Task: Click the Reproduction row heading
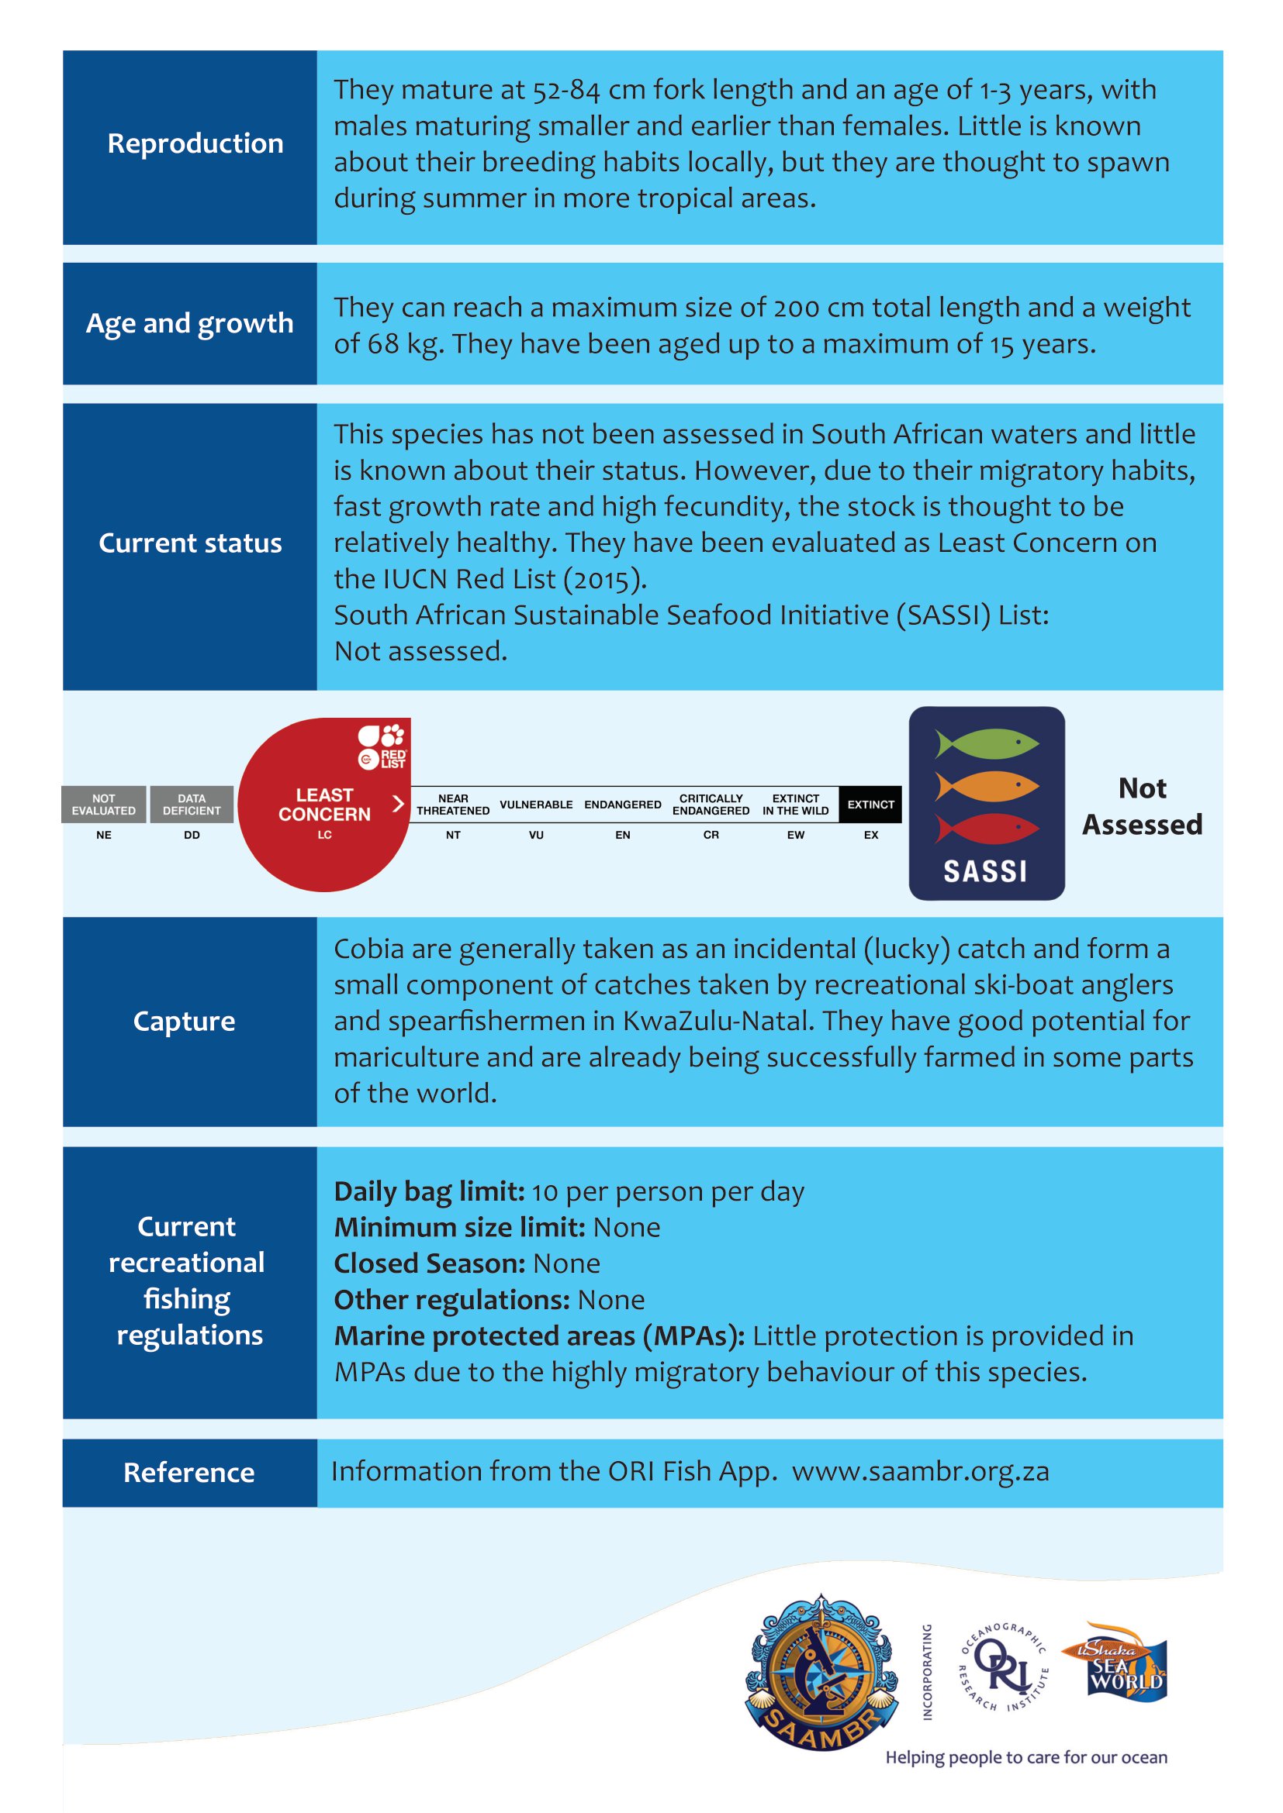pyautogui.click(x=195, y=143)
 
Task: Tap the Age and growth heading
pyautogui.click(x=189, y=324)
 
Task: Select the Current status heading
pyautogui.click(x=190, y=543)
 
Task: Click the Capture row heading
pyautogui.click(x=184, y=1021)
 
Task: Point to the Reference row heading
pyautogui.click(x=188, y=1473)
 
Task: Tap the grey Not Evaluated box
pyautogui.click(x=103, y=805)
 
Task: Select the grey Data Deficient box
pyautogui.click(x=192, y=805)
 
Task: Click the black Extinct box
pyautogui.click(x=870, y=805)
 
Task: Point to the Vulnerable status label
pyautogui.click(x=536, y=805)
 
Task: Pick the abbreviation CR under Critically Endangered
pyautogui.click(x=711, y=835)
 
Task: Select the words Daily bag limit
pyautogui.click(x=429, y=1191)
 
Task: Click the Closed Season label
pyautogui.click(x=429, y=1264)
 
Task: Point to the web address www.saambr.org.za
pyautogui.click(x=921, y=1472)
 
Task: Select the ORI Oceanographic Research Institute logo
pyautogui.click(x=1003, y=1667)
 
